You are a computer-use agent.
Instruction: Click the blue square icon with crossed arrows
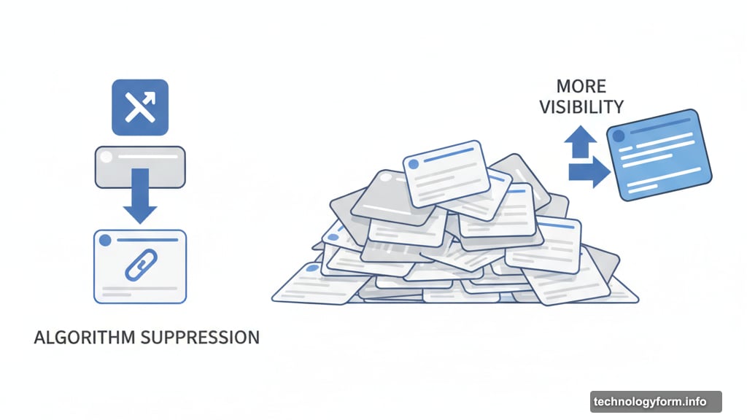tap(140, 108)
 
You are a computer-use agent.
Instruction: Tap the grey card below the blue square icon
tap(140, 167)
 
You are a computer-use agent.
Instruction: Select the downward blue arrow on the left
tap(140, 195)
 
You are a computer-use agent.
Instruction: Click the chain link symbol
tap(141, 265)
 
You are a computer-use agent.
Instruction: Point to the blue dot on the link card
tap(105, 241)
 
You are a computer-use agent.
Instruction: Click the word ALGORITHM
tap(85, 338)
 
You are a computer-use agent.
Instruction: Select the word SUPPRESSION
tap(201, 338)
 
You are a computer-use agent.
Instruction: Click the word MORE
tap(581, 87)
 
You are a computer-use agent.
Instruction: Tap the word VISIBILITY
tap(581, 107)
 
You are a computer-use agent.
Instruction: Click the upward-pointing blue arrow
tap(580, 141)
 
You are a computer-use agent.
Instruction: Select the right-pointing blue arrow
tap(589, 172)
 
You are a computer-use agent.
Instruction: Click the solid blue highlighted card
tap(659, 155)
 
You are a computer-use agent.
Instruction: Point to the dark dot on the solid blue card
tap(619, 136)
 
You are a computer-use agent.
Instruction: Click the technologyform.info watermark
tap(656, 402)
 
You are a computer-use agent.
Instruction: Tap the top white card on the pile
tap(446, 174)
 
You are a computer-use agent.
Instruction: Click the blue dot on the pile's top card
tap(414, 164)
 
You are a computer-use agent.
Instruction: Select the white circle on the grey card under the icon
tap(107, 157)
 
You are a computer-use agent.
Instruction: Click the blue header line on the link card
tap(147, 241)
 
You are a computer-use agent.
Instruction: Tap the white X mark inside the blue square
tap(140, 107)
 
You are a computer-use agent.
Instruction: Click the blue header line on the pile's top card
tap(449, 155)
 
